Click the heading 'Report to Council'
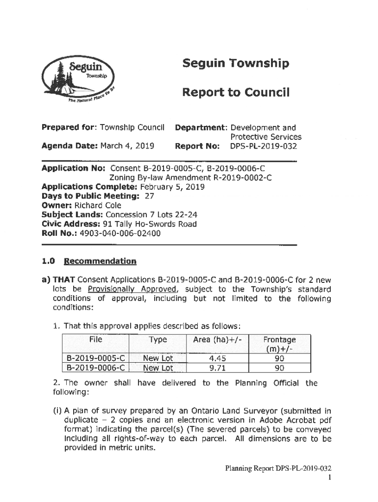coord(236,93)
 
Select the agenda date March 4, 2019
coord(127,146)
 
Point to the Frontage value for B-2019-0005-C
coord(280,358)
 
